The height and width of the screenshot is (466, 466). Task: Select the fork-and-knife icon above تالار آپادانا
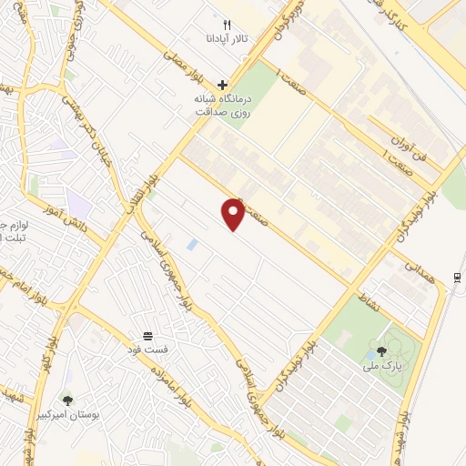pos(228,25)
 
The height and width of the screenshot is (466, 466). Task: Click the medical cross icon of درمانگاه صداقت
pos(223,85)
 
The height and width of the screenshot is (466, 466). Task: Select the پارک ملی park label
pos(380,367)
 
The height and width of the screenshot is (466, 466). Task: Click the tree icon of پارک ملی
pos(380,351)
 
